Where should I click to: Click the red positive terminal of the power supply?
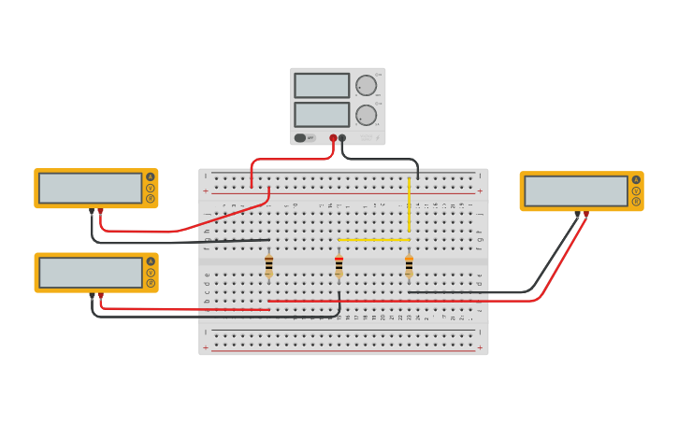(333, 138)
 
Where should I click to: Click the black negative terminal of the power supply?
(342, 138)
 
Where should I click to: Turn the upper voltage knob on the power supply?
(366, 86)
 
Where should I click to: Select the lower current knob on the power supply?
(366, 115)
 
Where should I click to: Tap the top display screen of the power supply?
(322, 86)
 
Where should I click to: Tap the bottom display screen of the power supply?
(322, 114)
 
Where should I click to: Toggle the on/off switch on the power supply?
(300, 137)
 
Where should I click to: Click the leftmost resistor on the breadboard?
(268, 266)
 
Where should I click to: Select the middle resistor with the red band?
(339, 266)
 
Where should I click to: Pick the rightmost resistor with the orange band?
(409, 266)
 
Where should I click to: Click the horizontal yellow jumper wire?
(374, 240)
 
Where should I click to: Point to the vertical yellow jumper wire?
(409, 205)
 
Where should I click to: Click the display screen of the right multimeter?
(575, 190)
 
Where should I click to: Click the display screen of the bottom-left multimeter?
(91, 273)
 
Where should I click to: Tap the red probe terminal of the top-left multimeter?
(101, 211)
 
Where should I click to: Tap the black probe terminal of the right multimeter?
(577, 214)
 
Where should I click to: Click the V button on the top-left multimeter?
(150, 188)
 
